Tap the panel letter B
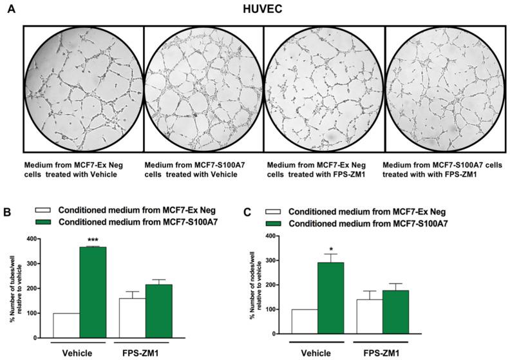pyautogui.click(x=10, y=211)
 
